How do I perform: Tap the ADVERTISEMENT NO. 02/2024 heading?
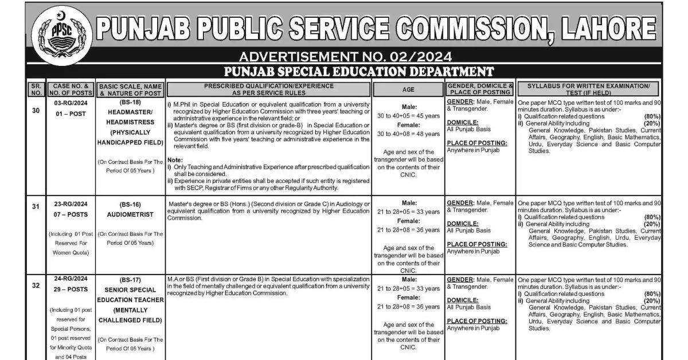point(345,57)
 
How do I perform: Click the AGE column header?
point(408,89)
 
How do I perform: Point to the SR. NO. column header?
point(36,89)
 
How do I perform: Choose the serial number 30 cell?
point(36,111)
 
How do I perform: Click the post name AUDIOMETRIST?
point(130,214)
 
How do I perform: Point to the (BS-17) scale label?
point(130,280)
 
